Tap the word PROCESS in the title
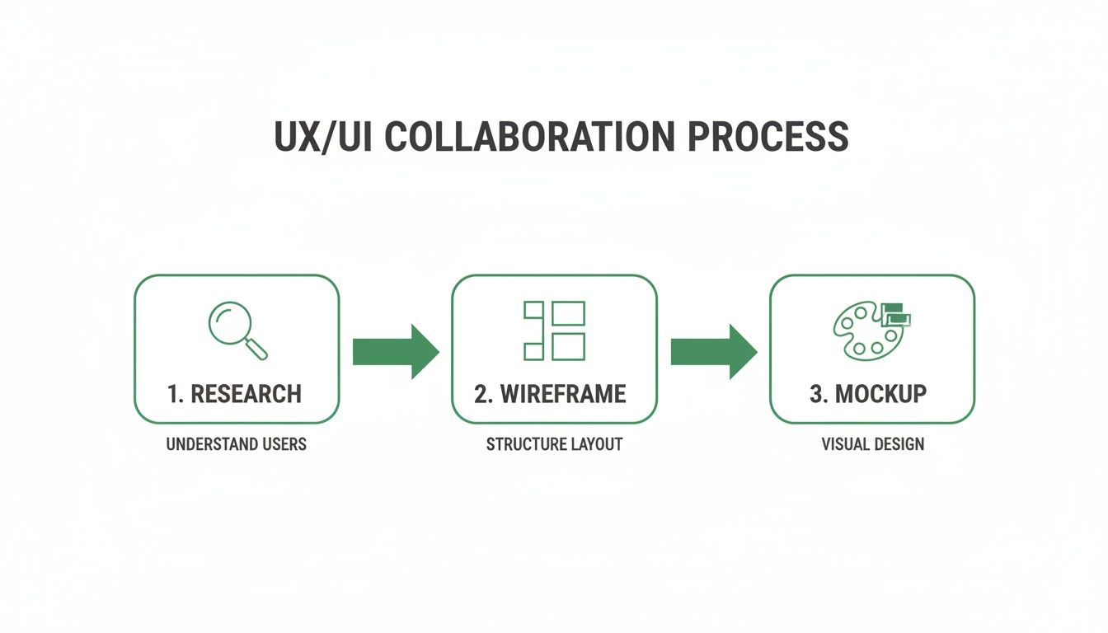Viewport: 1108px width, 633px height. (768, 137)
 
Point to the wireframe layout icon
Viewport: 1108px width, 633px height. (554, 331)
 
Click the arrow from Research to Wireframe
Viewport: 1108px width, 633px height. (396, 351)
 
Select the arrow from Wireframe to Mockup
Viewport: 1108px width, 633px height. (714, 351)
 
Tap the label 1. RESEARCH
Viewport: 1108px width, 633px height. (235, 394)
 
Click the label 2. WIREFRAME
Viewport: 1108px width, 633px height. (551, 394)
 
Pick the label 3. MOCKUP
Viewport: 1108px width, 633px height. (868, 394)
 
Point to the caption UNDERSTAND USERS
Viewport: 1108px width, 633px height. (236, 445)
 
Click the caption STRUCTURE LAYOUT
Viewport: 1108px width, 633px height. (554, 445)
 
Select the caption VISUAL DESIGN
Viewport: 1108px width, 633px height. (872, 445)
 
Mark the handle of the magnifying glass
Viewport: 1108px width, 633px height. (257, 349)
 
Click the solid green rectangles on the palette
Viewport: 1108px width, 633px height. (896, 316)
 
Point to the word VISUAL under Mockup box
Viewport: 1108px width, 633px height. (843, 445)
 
